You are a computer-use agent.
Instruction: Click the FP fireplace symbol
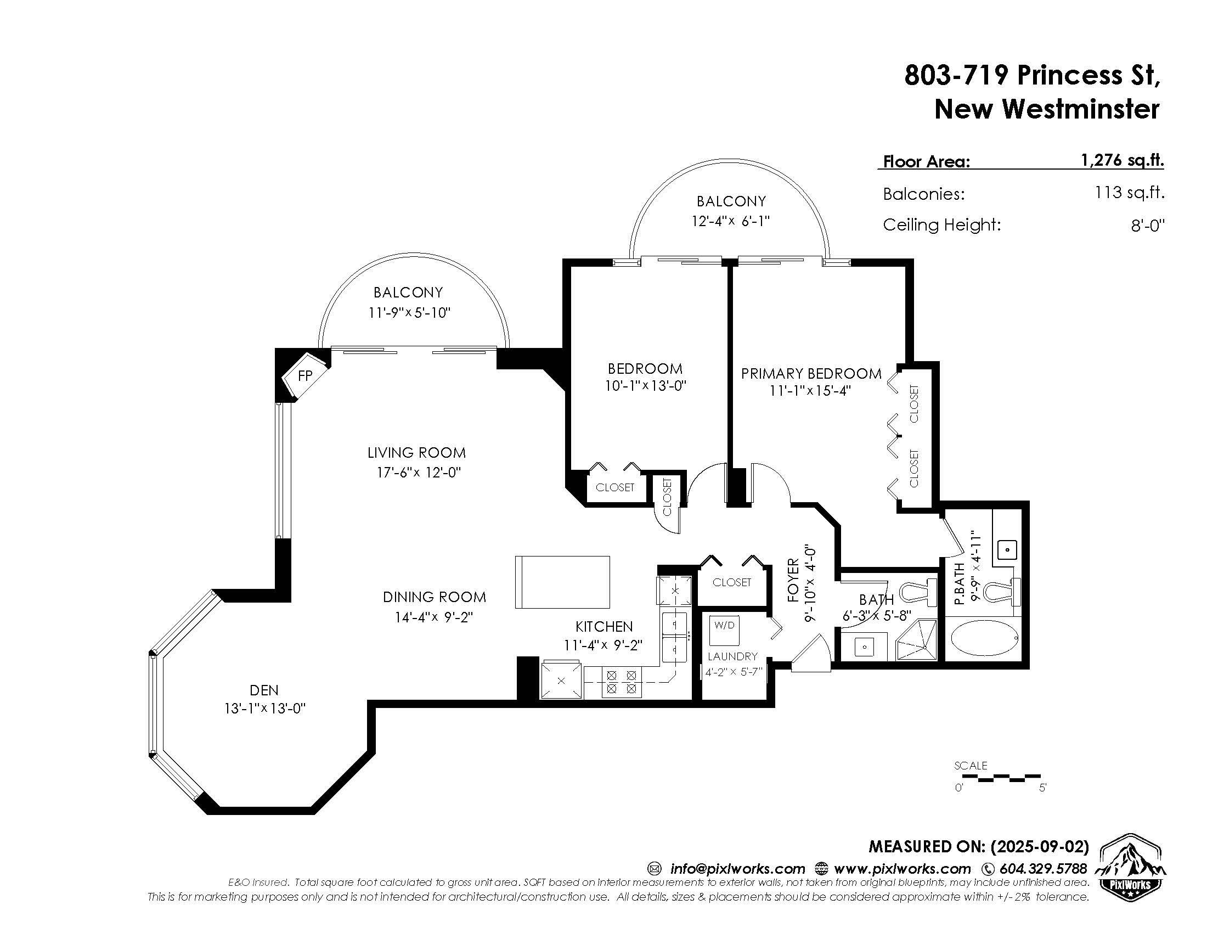pyautogui.click(x=306, y=376)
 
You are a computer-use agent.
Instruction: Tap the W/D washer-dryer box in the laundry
pyautogui.click(x=725, y=630)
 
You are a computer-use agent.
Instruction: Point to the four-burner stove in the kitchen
pyautogui.click(x=622, y=682)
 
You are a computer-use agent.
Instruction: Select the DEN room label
pyautogui.click(x=264, y=690)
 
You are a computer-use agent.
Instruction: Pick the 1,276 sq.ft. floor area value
pyautogui.click(x=1123, y=160)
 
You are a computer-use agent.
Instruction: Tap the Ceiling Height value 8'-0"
pyautogui.click(x=1148, y=226)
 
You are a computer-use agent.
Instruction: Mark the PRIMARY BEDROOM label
pyautogui.click(x=811, y=374)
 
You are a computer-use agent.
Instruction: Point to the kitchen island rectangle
pyautogui.click(x=562, y=582)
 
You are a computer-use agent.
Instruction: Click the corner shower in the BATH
pyautogui.click(x=916, y=640)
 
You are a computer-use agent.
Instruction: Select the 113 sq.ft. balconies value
pyautogui.click(x=1130, y=192)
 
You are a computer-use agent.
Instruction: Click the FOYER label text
pyautogui.click(x=794, y=580)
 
